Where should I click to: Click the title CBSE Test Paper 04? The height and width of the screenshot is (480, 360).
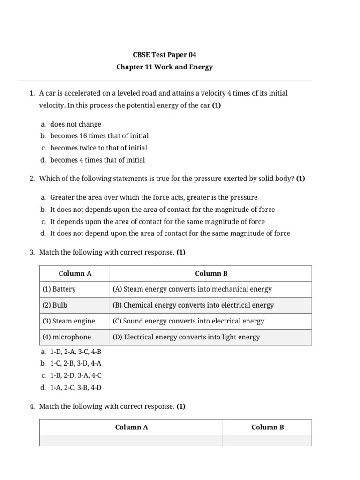click(164, 55)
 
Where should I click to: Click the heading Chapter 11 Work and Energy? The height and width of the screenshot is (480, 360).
click(164, 67)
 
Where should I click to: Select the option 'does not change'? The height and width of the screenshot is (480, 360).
click(75, 124)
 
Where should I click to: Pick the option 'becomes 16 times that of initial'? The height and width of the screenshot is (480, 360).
click(99, 136)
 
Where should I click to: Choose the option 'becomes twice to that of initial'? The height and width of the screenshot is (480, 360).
click(98, 148)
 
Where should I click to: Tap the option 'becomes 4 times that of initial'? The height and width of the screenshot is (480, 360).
click(97, 160)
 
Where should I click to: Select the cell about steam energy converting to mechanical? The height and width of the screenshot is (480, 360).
click(192, 289)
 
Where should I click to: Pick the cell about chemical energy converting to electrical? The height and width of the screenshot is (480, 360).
click(193, 305)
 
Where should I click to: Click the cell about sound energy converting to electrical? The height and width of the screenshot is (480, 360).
click(188, 321)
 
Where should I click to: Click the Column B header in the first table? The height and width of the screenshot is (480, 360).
click(211, 273)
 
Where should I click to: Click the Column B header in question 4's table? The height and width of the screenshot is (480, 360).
click(267, 427)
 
